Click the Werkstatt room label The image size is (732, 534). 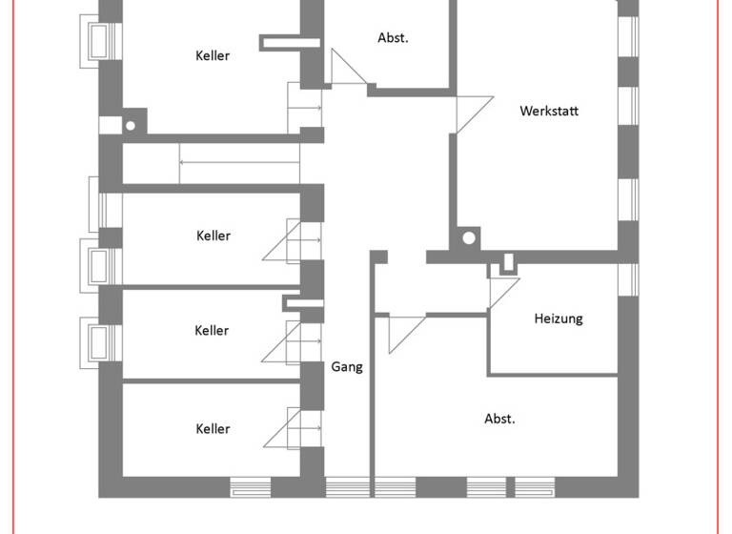click(x=549, y=111)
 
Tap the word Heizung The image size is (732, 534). click(x=558, y=318)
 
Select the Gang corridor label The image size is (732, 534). click(x=347, y=366)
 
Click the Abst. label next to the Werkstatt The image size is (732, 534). click(x=393, y=38)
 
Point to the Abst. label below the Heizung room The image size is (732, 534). click(x=499, y=419)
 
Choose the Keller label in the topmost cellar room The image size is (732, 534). click(x=213, y=55)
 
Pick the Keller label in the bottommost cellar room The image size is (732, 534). click(x=213, y=429)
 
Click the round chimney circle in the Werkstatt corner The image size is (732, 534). click(x=468, y=239)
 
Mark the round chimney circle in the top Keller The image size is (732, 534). click(x=131, y=124)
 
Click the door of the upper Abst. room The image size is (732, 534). click(x=348, y=69)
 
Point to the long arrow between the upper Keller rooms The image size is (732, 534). click(x=238, y=162)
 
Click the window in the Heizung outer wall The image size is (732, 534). click(x=627, y=277)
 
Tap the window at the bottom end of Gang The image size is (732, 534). click(x=347, y=487)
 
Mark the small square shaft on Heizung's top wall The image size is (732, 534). click(x=508, y=261)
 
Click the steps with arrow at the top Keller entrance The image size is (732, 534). click(x=305, y=107)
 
